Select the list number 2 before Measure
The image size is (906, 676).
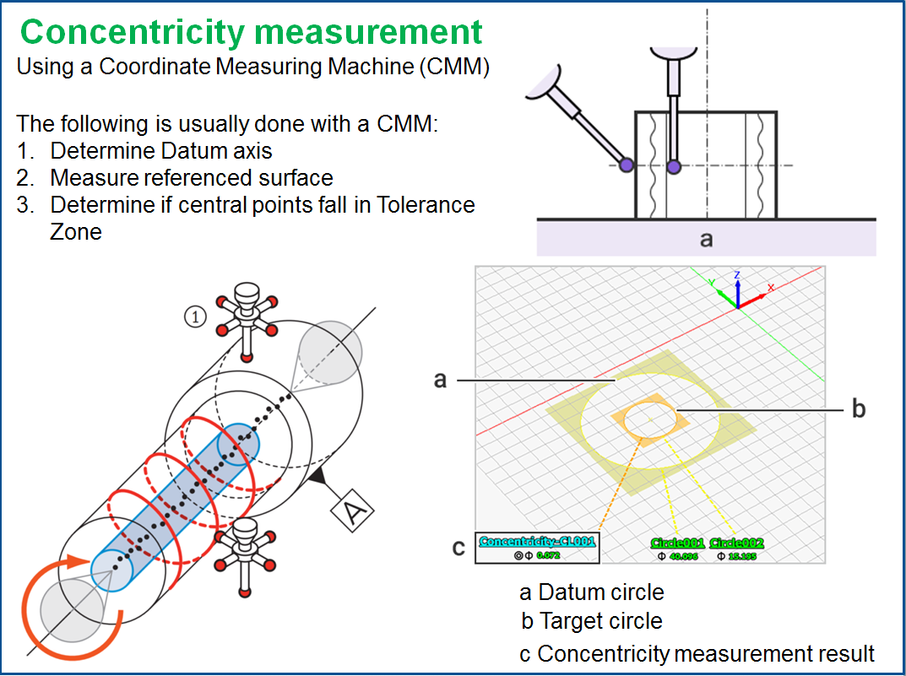tap(24, 178)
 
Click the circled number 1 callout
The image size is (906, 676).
tap(195, 317)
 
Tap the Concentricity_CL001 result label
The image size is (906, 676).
tap(537, 542)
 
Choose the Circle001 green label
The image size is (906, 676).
tap(677, 543)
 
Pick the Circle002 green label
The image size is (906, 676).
tap(737, 543)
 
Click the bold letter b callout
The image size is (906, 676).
tap(858, 409)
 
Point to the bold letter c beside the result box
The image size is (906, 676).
tap(458, 548)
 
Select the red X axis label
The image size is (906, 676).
tap(770, 287)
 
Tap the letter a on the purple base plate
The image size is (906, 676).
tap(706, 240)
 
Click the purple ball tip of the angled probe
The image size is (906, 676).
tap(626, 164)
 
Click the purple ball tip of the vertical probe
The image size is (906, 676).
tap(673, 167)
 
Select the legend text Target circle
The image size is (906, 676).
tap(600, 622)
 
